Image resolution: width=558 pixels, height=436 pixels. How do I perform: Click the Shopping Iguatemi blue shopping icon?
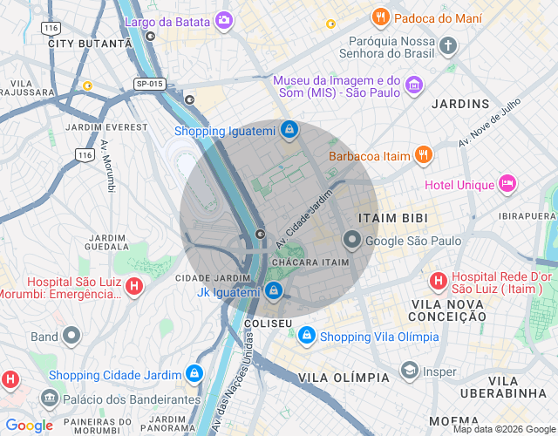point(289,131)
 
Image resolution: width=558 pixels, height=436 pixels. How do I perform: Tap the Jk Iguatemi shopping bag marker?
point(274,291)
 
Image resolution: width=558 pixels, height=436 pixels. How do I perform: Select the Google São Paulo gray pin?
point(352,240)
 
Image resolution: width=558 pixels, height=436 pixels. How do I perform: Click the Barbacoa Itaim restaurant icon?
point(423,156)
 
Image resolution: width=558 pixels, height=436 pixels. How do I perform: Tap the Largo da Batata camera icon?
point(224,20)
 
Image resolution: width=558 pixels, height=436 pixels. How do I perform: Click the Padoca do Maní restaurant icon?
point(380,17)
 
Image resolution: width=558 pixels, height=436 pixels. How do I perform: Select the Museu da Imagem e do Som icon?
point(414,85)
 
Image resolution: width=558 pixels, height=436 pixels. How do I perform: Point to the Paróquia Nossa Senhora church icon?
point(448,45)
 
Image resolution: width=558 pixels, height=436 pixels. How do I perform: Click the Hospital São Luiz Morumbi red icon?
point(134,285)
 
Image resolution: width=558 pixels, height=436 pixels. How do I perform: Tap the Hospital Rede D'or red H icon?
point(438,281)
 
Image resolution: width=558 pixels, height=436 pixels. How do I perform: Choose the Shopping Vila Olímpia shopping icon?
point(307,336)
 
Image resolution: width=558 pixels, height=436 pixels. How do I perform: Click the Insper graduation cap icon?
point(409,371)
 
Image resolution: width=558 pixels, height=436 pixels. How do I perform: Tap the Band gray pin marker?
point(71,336)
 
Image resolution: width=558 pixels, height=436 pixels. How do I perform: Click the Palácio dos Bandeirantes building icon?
point(49,399)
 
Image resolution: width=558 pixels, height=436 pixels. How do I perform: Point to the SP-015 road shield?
point(150,84)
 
